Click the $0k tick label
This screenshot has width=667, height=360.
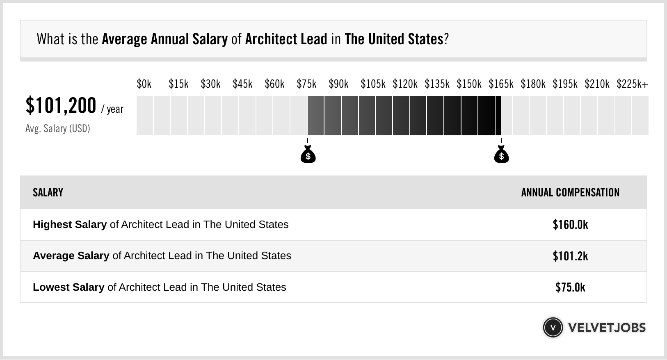click(144, 84)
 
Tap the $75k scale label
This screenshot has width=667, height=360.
click(306, 84)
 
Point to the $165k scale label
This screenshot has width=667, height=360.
click(501, 84)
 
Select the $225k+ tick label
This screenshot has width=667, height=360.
click(632, 84)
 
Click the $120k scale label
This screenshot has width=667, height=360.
click(405, 84)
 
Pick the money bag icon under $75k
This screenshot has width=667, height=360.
click(308, 155)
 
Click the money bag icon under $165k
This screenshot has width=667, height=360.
click(501, 155)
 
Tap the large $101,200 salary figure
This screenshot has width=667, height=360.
click(61, 105)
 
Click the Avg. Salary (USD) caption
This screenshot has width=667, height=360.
click(58, 129)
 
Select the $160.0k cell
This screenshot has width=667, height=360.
click(570, 225)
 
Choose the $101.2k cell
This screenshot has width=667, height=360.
click(570, 256)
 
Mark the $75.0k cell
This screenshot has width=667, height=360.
click(570, 287)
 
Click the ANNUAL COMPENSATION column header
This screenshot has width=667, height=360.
click(570, 193)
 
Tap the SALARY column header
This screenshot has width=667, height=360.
click(48, 193)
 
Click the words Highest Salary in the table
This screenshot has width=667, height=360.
click(70, 225)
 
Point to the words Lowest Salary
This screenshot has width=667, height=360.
click(69, 287)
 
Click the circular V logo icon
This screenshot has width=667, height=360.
click(553, 328)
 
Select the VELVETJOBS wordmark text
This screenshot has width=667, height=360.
click(607, 328)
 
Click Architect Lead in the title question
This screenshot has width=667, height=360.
click(286, 39)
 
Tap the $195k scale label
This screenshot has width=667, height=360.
click(565, 84)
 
